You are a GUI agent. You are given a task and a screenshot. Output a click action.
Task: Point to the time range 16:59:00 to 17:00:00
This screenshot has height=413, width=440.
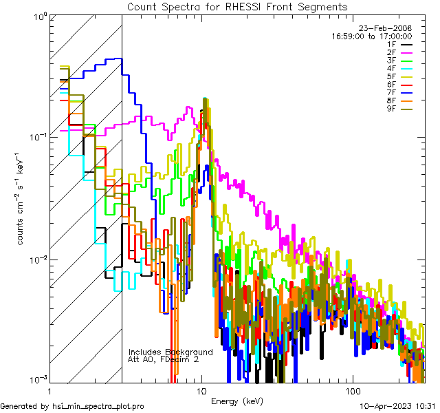(x=372, y=36)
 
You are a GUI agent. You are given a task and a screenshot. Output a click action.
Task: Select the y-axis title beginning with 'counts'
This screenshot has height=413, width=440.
(x=22, y=206)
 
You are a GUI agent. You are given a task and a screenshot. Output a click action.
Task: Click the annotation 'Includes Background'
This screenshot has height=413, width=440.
(x=170, y=352)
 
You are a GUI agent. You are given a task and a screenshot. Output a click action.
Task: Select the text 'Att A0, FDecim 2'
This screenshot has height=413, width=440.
(x=163, y=359)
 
